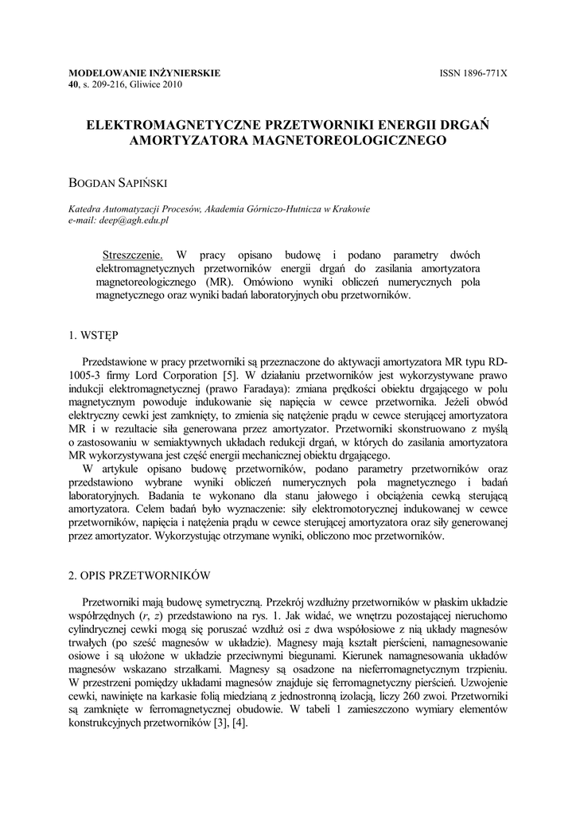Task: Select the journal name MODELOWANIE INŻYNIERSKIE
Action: (145, 73)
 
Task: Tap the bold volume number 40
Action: (76, 84)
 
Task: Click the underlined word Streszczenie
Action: (133, 255)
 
